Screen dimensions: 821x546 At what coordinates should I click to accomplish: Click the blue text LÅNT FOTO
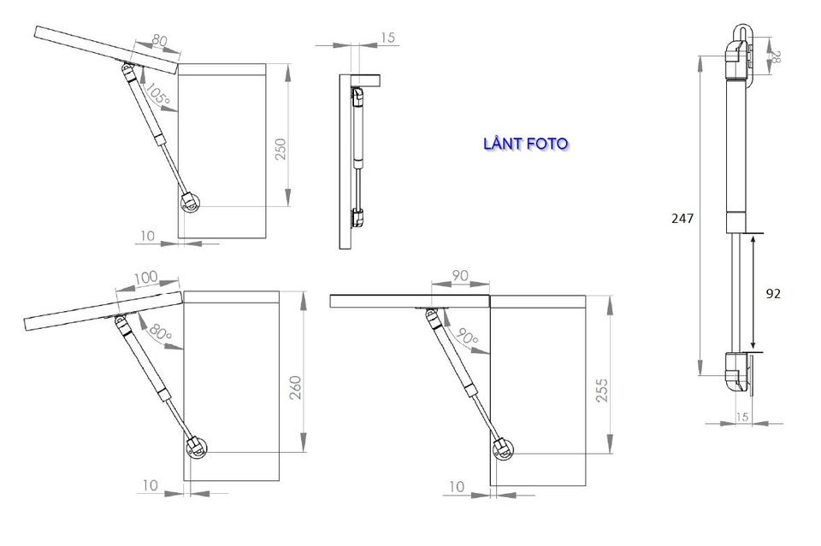click(526, 144)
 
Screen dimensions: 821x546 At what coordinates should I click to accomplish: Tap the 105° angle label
click(157, 94)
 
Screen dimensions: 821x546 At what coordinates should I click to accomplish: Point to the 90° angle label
click(467, 336)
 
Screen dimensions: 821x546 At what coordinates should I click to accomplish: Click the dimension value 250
click(281, 149)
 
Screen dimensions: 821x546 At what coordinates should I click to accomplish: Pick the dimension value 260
click(296, 388)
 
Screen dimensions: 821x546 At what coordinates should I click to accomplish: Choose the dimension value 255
click(603, 390)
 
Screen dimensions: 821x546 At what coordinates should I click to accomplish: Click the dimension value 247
click(682, 218)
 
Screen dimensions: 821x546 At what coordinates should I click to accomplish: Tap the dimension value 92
click(773, 294)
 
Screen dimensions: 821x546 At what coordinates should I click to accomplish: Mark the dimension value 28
click(776, 57)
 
